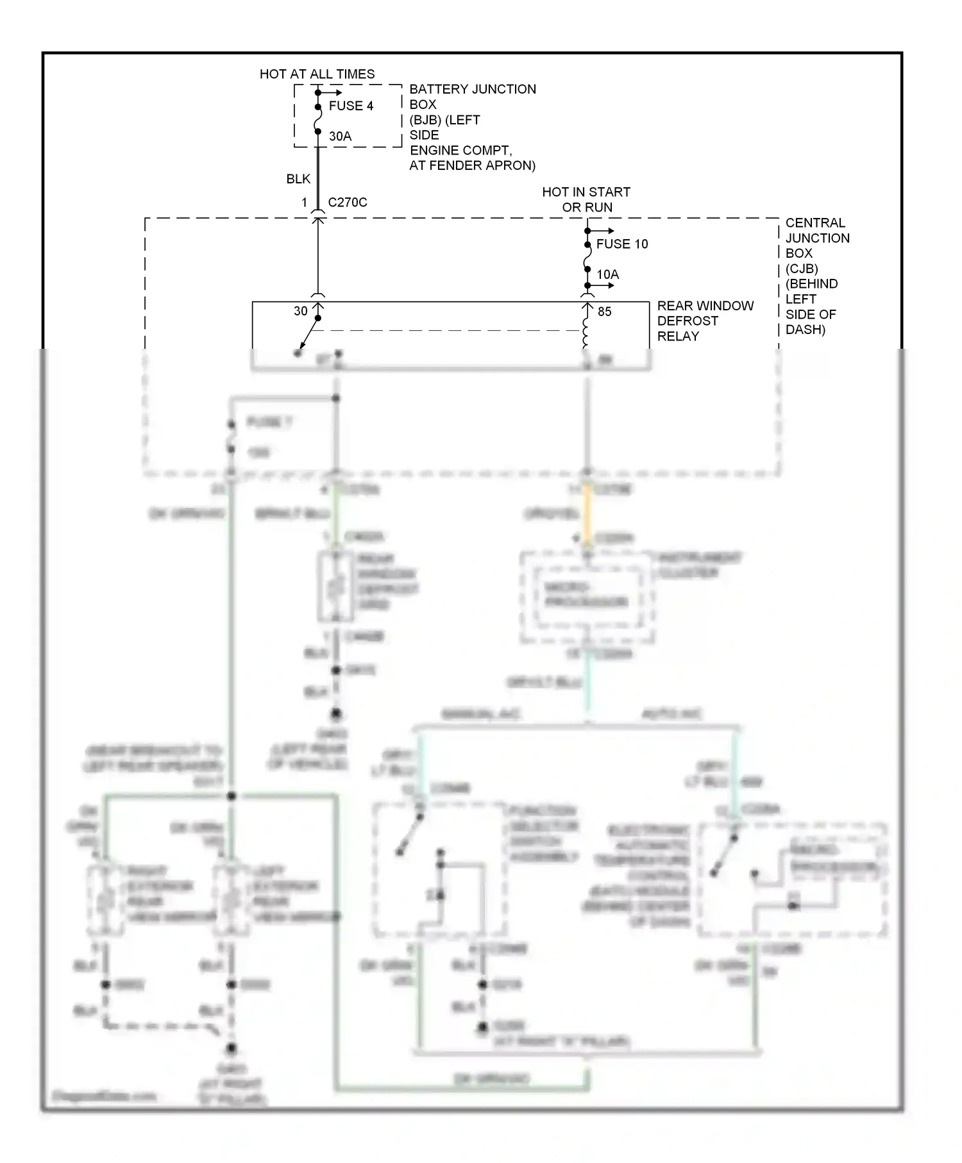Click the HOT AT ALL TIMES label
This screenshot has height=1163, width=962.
coord(317,74)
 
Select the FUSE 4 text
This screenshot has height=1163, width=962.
coord(351,106)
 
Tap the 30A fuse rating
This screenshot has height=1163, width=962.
coord(340,137)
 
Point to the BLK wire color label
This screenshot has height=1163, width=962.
coord(298,179)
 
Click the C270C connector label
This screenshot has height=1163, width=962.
coord(347,203)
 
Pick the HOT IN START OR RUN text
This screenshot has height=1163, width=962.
coord(586,199)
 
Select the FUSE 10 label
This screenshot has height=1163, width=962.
coord(621,244)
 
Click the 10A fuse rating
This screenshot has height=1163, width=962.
coord(607,275)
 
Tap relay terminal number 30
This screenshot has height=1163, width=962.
coord(301,312)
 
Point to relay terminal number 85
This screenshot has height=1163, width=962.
coord(604,312)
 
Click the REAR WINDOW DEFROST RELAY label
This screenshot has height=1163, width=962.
coord(704,321)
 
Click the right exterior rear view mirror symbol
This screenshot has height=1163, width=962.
coord(105,901)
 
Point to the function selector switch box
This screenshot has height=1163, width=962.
coord(439,869)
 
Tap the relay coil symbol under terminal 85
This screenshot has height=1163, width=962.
coord(586,333)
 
